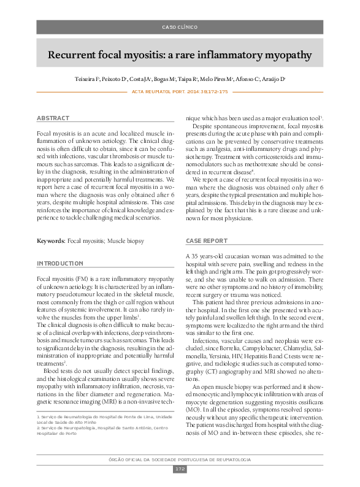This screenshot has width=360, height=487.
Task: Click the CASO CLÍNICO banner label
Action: coord(180,28)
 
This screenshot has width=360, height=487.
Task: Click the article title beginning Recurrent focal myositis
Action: coord(180,56)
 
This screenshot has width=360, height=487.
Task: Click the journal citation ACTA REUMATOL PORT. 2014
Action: coord(180,91)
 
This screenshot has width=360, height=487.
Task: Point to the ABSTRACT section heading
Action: coord(53,118)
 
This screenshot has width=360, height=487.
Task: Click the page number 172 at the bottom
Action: coord(180,469)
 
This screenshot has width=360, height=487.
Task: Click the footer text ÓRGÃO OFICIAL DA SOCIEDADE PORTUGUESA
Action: coord(180,459)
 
